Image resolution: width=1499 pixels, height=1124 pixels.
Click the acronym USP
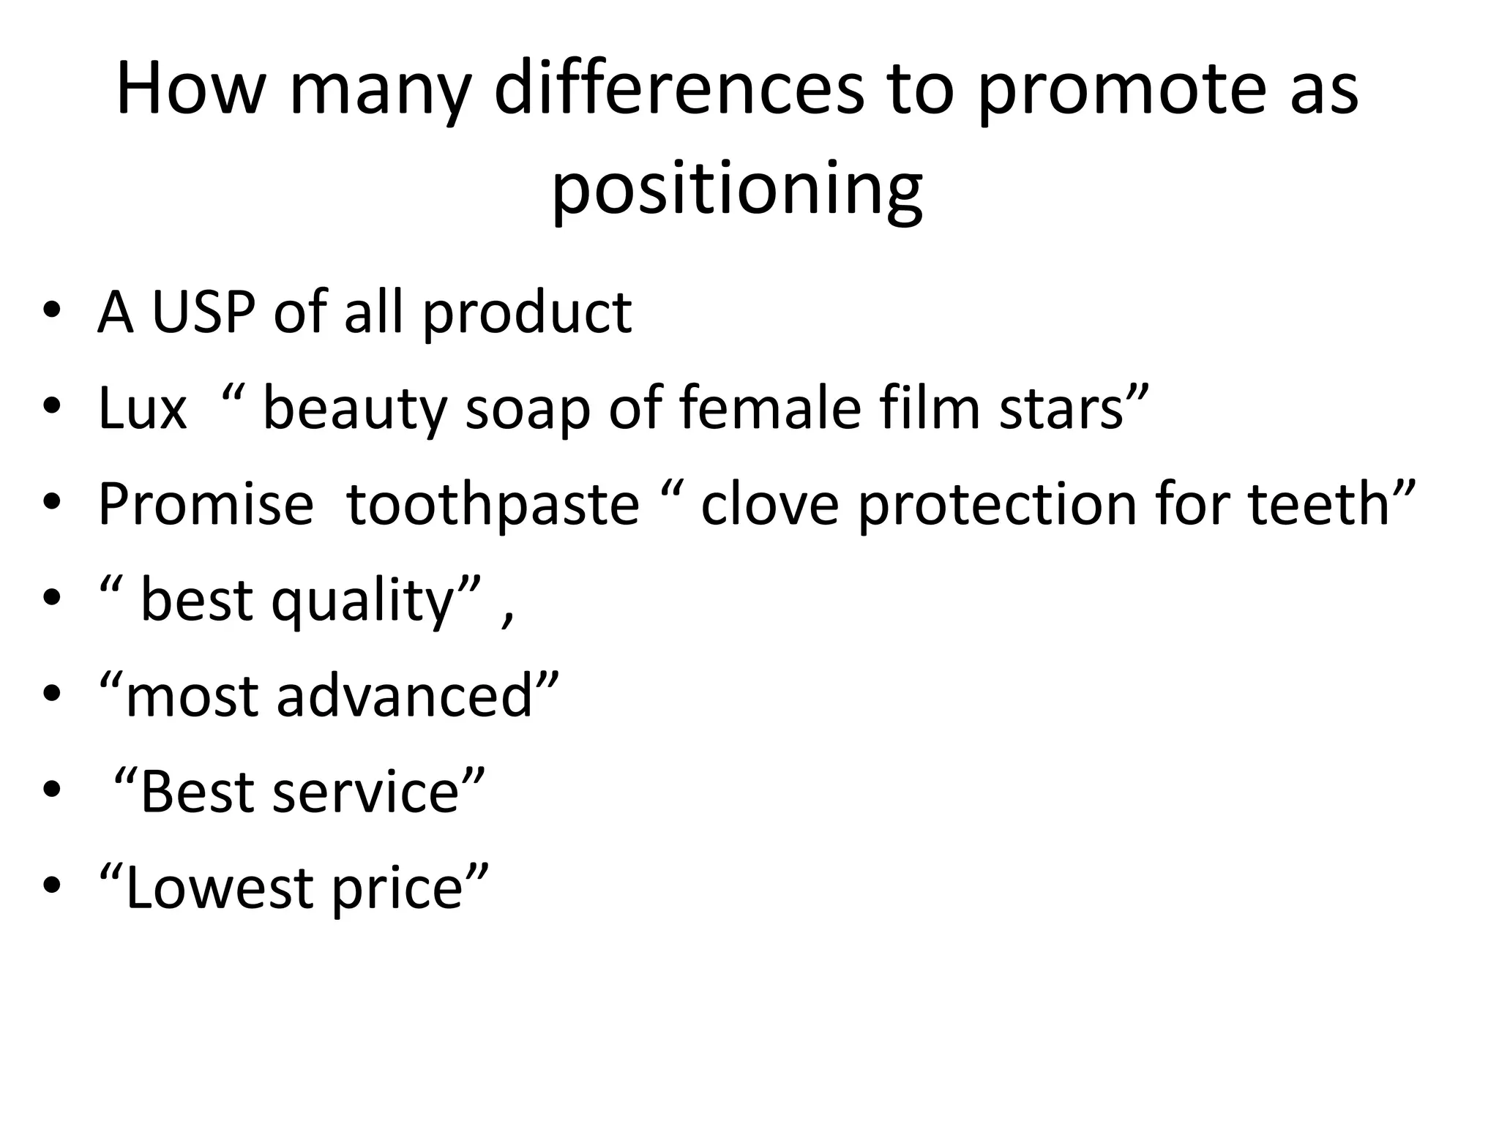(x=203, y=313)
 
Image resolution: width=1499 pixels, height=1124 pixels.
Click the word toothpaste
(x=493, y=505)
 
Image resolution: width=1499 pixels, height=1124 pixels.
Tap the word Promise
(x=206, y=505)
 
